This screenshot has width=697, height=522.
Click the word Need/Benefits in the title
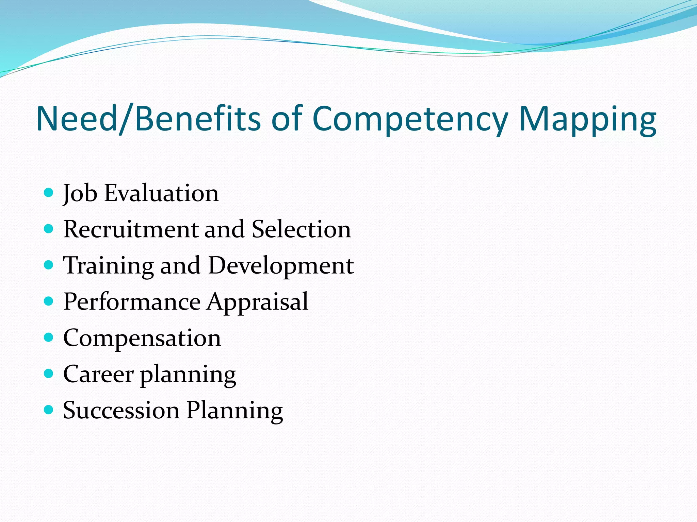pos(148,119)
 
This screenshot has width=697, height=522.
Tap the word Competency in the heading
pos(410,119)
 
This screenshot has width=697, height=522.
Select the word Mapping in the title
pos(587,119)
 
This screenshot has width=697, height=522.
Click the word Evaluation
pos(161,193)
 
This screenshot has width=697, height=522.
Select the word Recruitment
pos(131,229)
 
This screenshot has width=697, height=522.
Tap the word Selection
pos(301,229)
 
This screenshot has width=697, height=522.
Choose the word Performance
pos(132,302)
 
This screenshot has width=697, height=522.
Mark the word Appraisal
pos(258,302)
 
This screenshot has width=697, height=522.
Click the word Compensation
pos(142,338)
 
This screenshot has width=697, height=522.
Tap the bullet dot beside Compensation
pos(49,337)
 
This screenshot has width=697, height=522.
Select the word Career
pos(98,374)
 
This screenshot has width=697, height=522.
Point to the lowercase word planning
pos(188,375)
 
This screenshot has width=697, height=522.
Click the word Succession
pos(121,410)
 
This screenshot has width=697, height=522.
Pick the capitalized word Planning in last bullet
pos(235,411)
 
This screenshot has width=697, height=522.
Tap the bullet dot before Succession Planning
pos(49,410)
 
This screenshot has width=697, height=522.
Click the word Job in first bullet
pos(80,193)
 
